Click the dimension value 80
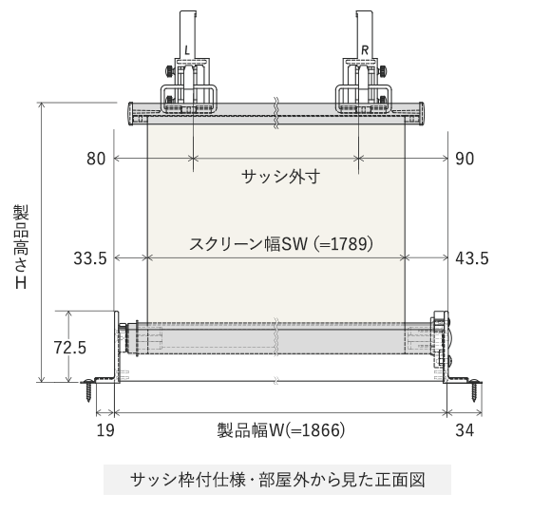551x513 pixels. pos(96,159)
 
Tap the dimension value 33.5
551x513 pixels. pos(89,257)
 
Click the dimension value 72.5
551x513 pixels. pos(70,348)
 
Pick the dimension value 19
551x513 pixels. pos(104,430)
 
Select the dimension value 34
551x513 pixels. pos(465,430)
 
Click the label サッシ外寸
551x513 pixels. pos(276,177)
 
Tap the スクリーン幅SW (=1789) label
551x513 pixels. pos(275,243)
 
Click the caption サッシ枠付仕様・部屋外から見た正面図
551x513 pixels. pos(276,480)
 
